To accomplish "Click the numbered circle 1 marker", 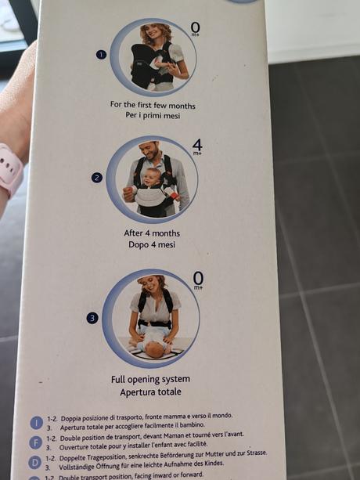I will tap(100, 55).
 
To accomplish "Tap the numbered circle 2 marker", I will tap(97, 177).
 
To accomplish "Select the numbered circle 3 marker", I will tap(92, 318).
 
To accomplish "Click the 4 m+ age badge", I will tap(197, 146).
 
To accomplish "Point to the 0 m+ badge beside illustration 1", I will tap(196, 30).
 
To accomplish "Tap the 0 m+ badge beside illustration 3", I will tap(198, 280).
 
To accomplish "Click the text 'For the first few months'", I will tap(153, 104).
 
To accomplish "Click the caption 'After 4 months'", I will tap(152, 233).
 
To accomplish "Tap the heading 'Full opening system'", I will tap(152, 380).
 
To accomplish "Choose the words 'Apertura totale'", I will tap(152, 392).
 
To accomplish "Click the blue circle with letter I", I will tap(36, 421).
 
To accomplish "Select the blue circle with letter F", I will tap(36, 442).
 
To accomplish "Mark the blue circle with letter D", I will tap(36, 462).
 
